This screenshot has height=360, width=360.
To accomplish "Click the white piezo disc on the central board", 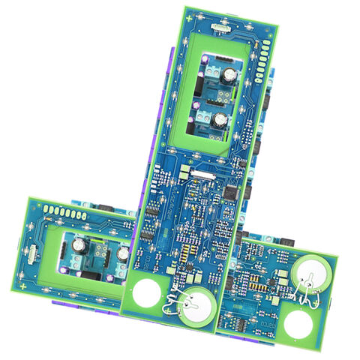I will pyautogui.click(x=198, y=307).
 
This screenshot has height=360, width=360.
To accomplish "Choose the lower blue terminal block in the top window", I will pyautogui.click(x=203, y=114).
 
